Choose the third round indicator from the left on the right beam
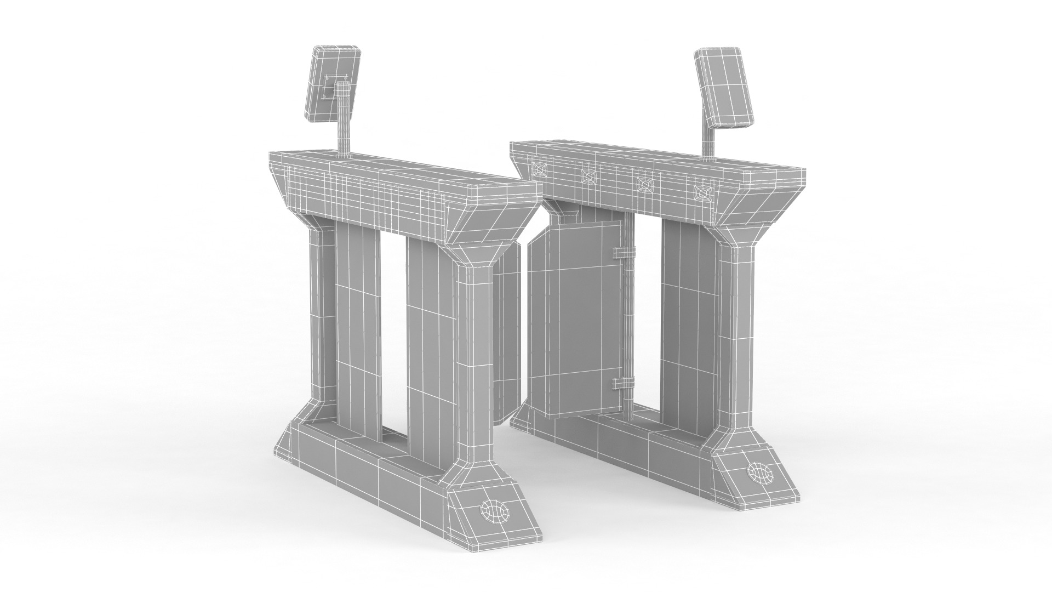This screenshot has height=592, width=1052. (x=643, y=184)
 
